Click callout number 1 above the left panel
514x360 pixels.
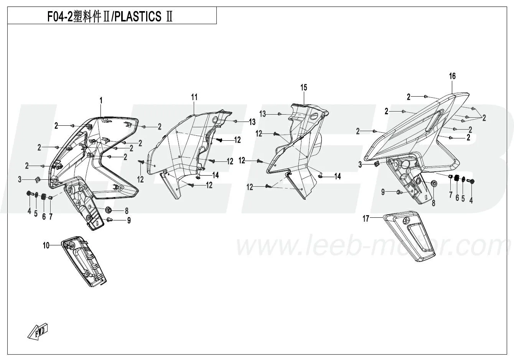pos(101,100)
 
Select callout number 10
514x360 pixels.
pos(46,246)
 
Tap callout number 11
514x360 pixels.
pos(194,97)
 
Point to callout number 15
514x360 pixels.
pos(303,87)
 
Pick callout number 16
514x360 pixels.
pos(452,76)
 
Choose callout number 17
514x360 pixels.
pos(366,219)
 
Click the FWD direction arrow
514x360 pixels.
pos(38,331)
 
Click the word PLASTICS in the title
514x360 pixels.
pos(138,16)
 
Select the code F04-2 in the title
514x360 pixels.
pos(60,16)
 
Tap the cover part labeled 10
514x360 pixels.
pos(84,261)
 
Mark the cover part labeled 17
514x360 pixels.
pos(410,236)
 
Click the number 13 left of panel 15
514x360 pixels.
pos(262,114)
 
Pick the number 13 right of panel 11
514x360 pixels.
pos(252,122)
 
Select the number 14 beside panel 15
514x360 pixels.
pos(337,176)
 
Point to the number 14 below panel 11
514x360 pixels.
pos(216,175)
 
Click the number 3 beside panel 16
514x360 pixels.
pos(360,164)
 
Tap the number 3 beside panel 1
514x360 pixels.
pos(20,179)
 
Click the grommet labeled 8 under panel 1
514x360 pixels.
pos(109,210)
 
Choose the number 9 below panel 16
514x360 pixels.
pos(383,192)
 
